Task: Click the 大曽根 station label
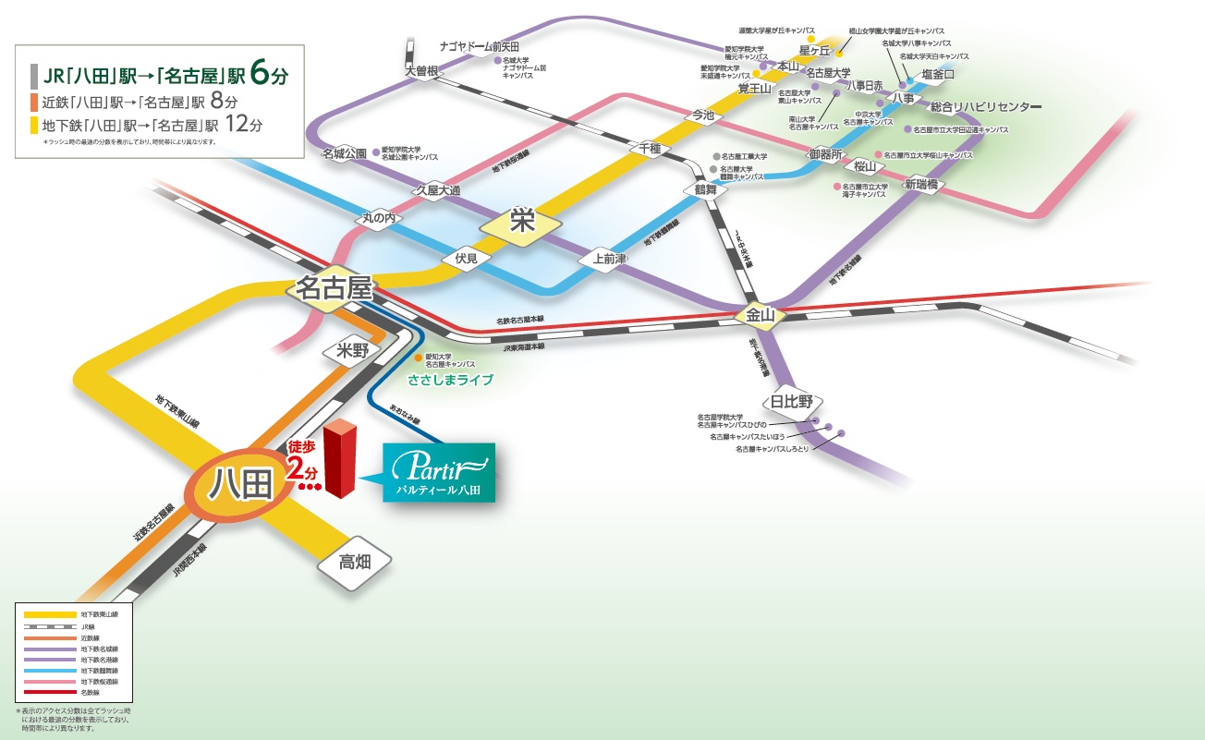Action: [x=420, y=71]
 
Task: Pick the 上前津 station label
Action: [x=602, y=260]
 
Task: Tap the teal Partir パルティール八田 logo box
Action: [x=439, y=472]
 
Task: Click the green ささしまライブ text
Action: [x=450, y=380]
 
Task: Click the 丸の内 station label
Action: [x=379, y=220]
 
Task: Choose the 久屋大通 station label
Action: [x=437, y=188]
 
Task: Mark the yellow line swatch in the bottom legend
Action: [x=51, y=614]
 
